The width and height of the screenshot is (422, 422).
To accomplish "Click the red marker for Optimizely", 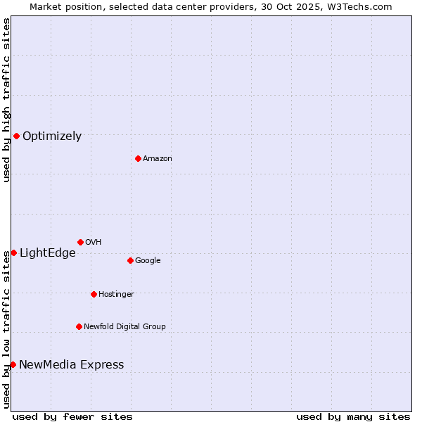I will [16, 136].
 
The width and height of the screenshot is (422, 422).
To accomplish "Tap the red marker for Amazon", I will [138, 158].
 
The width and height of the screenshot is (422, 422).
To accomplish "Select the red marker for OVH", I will [80, 242].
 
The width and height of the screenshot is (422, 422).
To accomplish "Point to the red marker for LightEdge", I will [13, 252].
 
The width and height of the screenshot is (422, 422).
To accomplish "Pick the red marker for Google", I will [130, 260].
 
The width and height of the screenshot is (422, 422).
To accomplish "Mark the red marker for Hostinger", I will [94, 294].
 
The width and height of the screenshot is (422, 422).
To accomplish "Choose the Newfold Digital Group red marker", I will [79, 326].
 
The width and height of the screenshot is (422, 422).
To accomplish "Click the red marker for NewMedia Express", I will [13, 364].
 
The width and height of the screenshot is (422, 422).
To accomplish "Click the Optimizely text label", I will [52, 136].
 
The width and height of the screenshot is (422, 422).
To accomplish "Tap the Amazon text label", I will [158, 159].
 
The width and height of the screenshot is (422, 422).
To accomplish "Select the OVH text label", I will [94, 243].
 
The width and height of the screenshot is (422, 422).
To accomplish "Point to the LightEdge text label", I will [47, 253].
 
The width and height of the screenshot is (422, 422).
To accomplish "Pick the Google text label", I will [148, 261].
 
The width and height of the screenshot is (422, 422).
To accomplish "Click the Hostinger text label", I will [116, 295].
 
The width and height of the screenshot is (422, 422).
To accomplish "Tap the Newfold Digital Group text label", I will [124, 327].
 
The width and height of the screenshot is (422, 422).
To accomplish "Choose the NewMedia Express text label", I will [71, 365].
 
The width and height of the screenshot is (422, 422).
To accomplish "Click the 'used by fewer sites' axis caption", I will [72, 417].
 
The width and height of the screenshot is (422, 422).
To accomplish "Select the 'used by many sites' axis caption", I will [353, 417].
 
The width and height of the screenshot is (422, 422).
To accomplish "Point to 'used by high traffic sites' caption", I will [6, 100].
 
